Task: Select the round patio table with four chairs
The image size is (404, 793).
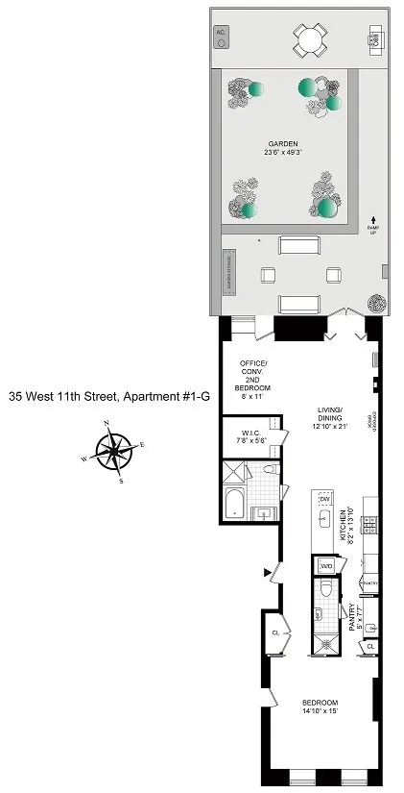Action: [x=309, y=39]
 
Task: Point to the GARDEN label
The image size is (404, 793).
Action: [x=283, y=143]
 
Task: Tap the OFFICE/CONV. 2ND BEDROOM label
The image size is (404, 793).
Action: [x=255, y=376]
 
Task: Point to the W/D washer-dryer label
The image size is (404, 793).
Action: [x=325, y=566]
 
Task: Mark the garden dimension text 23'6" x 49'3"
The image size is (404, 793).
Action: [x=283, y=152]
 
